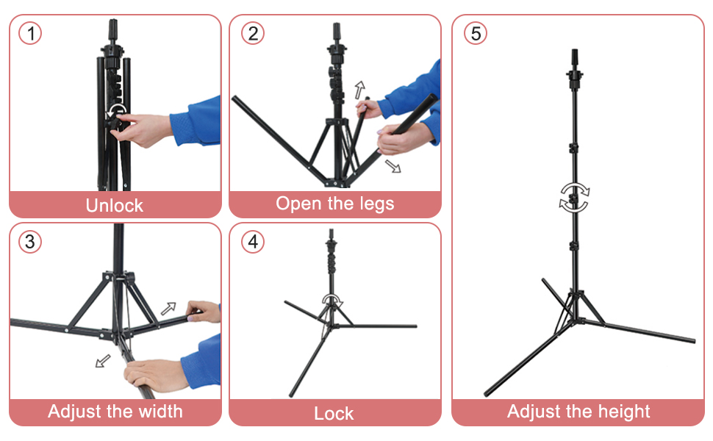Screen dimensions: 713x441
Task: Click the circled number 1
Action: pos(30,34)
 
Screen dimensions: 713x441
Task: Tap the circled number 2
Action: pos(253,34)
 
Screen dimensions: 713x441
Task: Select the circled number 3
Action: pos(30,242)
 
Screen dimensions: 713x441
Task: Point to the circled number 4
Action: pos(253,242)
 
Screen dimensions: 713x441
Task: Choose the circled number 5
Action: pos(476,34)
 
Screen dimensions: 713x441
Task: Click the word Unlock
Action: pos(115,206)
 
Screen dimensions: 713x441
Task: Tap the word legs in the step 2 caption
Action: pos(377,204)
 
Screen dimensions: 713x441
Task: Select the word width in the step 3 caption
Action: pos(160,411)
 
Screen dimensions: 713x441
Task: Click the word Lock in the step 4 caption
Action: pos(334,413)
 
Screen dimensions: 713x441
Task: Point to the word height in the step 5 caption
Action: pos(624,412)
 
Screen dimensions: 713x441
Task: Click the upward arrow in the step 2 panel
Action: pos(359,90)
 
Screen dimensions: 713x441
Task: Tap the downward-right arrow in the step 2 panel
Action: pos(393,166)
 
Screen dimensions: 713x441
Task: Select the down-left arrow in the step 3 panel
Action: pos(103,361)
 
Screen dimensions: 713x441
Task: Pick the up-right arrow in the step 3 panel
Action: pos(168,309)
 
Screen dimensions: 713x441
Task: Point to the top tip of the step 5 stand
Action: pos(575,49)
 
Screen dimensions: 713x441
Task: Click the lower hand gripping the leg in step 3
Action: pos(154,374)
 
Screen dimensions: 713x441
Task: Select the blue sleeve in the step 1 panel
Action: pos(196,121)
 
